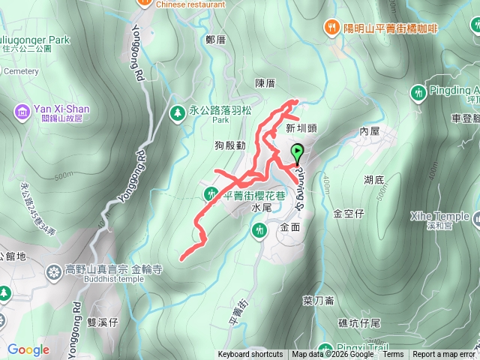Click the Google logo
(28, 349)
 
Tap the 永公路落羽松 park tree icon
(178, 112)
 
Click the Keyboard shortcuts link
(250, 355)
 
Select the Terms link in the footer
(393, 355)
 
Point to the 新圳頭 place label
(301, 128)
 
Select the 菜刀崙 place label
(318, 301)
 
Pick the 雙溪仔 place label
(103, 322)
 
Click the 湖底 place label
(374, 180)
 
